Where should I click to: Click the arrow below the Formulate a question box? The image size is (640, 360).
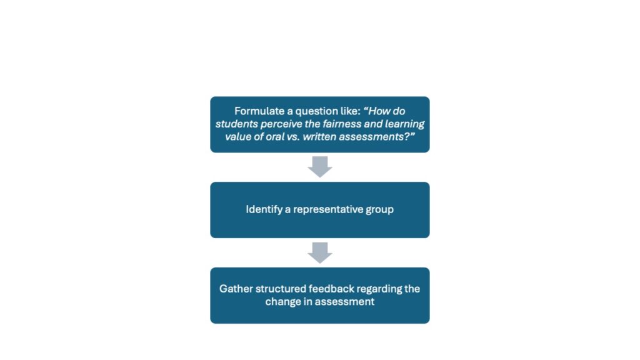[x=320, y=167]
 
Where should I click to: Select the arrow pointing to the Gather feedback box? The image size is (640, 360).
[x=320, y=252]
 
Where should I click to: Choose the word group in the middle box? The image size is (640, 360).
[x=379, y=210]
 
